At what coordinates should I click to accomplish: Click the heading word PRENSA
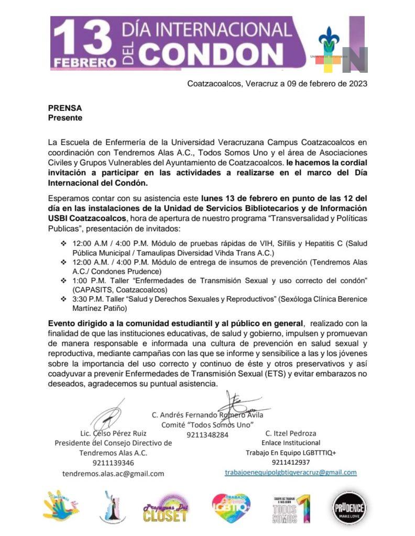tap(65, 108)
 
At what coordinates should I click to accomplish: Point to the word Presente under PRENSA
tap(65, 118)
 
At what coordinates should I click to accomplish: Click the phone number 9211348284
tap(207, 434)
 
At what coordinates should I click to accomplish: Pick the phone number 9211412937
tap(291, 462)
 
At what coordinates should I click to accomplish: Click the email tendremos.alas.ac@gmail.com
tap(113, 473)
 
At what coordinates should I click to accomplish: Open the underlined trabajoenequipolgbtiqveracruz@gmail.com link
tap(291, 472)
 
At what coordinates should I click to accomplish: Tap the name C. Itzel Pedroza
tap(291, 433)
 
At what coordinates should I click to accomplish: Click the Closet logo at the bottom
tap(165, 509)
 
